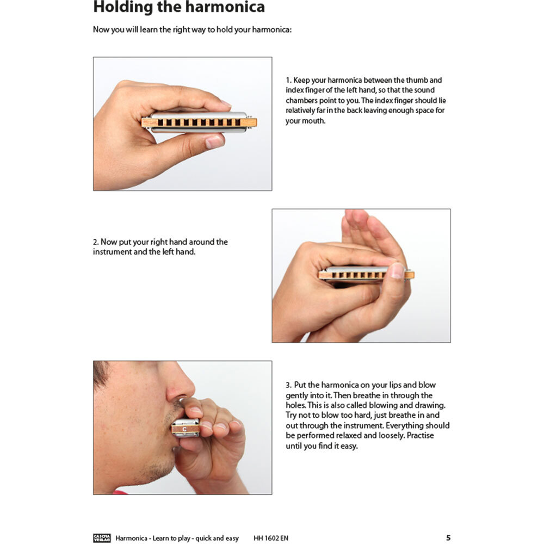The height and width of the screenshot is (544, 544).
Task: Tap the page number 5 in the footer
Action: coord(448,538)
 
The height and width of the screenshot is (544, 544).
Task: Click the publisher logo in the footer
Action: coord(102,538)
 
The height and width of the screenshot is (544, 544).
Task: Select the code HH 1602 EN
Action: coord(270,538)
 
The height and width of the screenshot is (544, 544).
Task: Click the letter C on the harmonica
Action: coord(184,429)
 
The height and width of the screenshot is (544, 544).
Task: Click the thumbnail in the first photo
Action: coord(214,142)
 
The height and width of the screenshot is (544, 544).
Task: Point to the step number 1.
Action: coord(288,81)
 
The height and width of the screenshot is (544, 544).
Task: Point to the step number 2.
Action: coord(95,242)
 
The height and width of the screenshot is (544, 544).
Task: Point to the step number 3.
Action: coord(288,385)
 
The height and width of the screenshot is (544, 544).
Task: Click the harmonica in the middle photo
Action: coord(366,274)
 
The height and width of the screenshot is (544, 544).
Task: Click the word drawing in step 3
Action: coord(430,406)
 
